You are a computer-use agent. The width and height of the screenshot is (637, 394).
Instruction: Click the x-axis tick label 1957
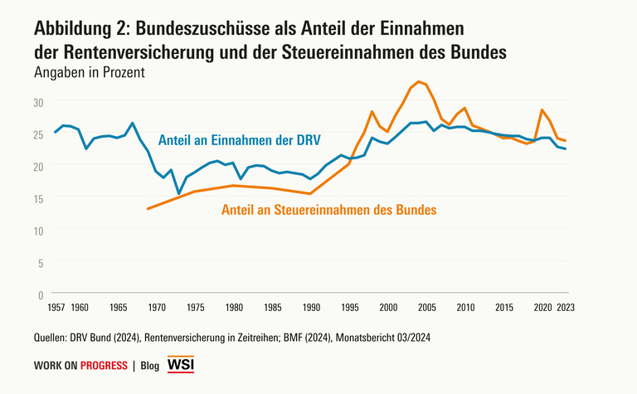tap(56, 307)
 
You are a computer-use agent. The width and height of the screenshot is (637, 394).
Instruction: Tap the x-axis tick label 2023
tap(566, 307)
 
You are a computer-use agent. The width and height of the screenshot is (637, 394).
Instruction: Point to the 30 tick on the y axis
tap(36, 102)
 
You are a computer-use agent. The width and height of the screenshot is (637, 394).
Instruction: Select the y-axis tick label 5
tap(40, 262)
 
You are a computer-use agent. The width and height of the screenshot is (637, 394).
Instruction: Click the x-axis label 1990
tap(311, 307)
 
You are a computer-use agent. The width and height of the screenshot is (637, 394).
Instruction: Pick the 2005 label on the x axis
tap(426, 307)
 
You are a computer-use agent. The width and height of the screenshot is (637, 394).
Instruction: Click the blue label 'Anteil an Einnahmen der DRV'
tap(239, 138)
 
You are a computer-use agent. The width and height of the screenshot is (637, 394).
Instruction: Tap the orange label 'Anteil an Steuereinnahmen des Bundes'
tap(329, 210)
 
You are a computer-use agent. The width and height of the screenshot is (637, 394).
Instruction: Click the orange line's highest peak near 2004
tap(419, 81)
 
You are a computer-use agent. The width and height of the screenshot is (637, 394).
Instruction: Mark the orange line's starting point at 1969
tap(148, 209)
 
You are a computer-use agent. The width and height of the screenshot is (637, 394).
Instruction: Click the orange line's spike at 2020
tap(542, 109)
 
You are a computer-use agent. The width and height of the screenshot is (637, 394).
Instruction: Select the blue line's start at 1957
tap(56, 132)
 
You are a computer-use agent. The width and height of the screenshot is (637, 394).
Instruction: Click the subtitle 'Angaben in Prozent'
tap(90, 72)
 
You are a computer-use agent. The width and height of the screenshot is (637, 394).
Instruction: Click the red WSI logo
tap(181, 365)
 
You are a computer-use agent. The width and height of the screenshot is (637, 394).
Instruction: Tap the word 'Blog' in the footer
tap(150, 366)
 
